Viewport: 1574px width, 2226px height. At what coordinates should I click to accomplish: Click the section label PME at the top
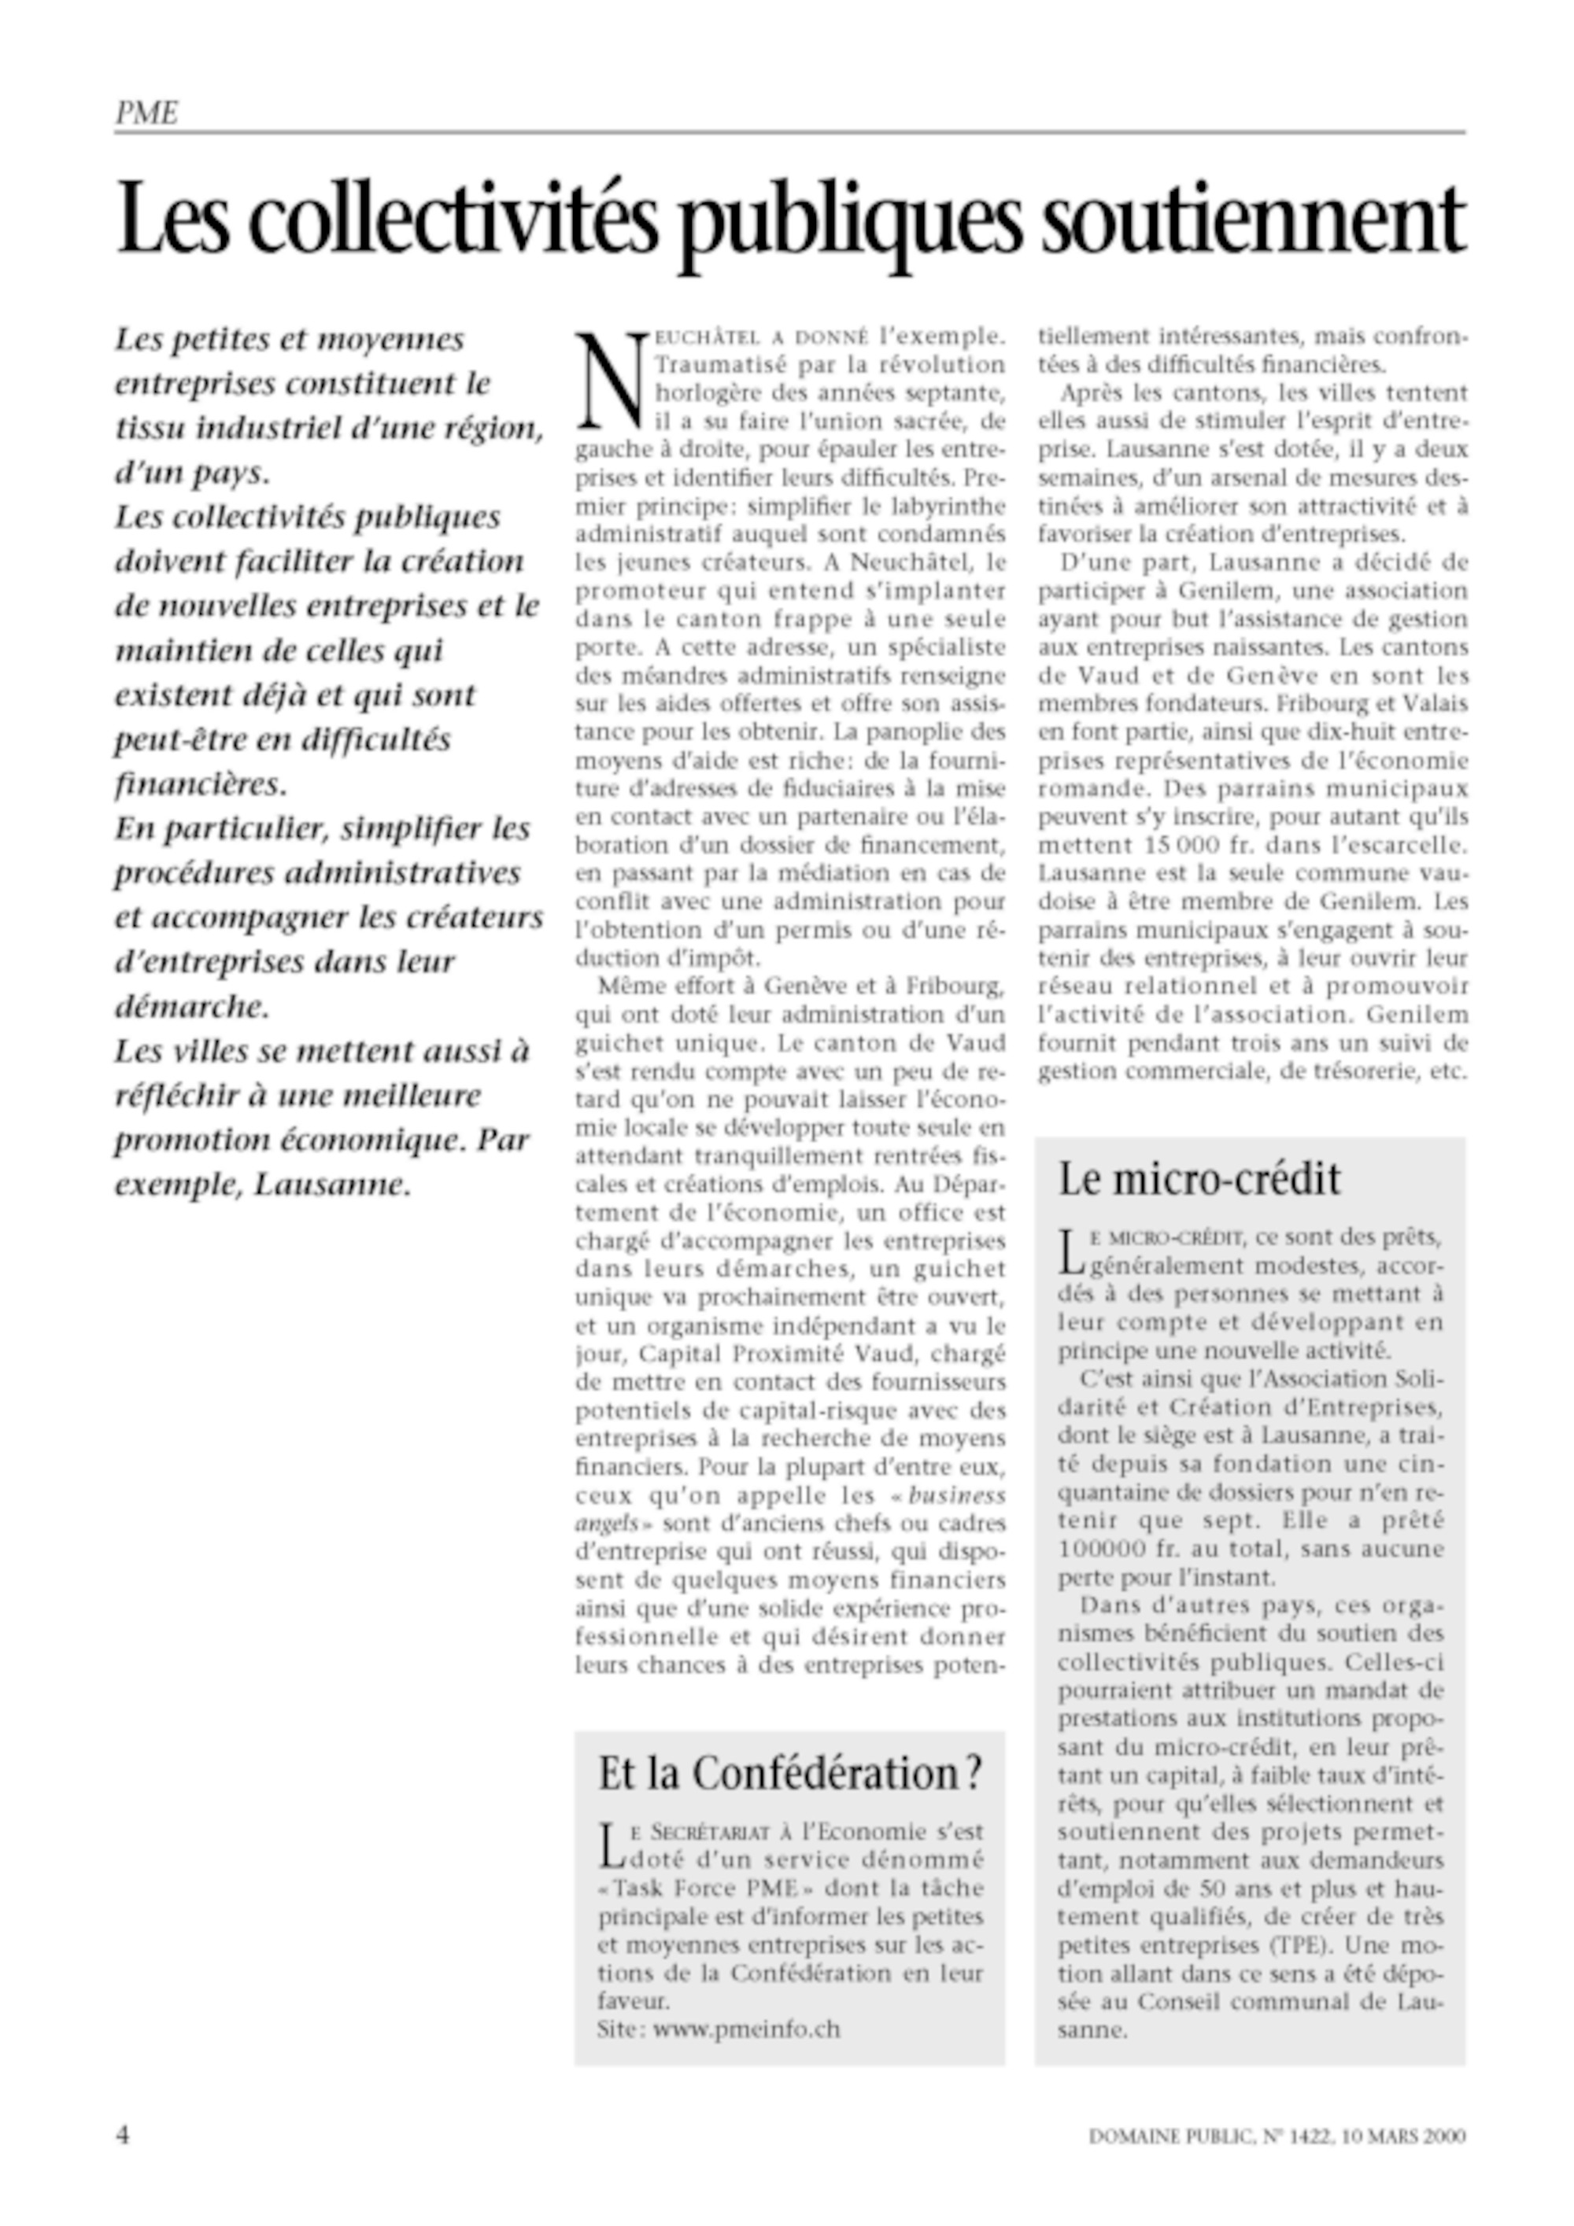pos(146,113)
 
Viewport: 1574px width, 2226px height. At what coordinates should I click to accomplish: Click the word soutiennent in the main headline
pos(1252,220)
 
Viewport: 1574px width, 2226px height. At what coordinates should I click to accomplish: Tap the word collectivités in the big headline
pos(456,220)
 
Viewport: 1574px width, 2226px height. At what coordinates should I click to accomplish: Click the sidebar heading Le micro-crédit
pos(1199,1179)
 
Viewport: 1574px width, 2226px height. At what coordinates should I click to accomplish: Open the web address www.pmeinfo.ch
pos(747,2029)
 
